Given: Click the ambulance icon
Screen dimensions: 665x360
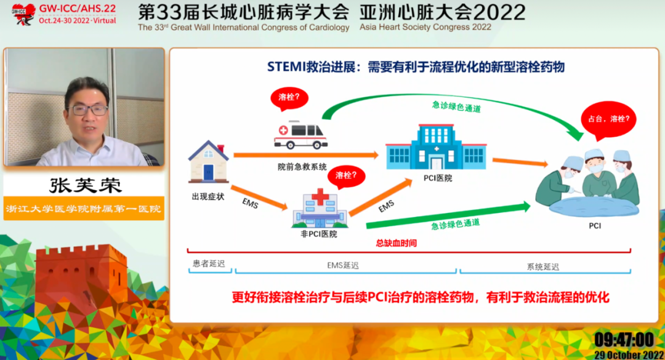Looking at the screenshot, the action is click(300, 135).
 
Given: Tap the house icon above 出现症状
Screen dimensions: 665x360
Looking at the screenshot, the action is click(209, 162).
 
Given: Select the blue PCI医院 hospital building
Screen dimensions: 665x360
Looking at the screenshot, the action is click(436, 147).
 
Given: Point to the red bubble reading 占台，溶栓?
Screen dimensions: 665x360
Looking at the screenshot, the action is click(608, 120).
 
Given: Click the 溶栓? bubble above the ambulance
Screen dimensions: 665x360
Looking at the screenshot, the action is click(289, 99).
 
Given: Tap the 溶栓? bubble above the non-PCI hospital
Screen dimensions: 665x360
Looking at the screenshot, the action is click(346, 177).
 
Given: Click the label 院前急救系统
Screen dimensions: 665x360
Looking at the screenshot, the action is click(302, 167).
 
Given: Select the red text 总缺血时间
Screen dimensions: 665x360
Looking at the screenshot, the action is click(396, 243).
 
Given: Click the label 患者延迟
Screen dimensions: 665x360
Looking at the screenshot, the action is click(209, 264).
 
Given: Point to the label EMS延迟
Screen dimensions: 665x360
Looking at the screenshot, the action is click(343, 266).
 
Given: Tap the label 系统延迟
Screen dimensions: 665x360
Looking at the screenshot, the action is click(543, 266).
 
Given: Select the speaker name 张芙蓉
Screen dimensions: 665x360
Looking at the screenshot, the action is click(85, 185).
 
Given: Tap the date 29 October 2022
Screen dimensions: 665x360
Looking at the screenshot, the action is click(629, 355).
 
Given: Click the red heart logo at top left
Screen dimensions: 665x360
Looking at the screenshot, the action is click(23, 14).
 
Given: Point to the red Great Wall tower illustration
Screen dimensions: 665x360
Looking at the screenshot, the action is click(81, 276).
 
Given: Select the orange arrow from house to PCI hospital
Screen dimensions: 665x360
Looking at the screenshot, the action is click(306, 155).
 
